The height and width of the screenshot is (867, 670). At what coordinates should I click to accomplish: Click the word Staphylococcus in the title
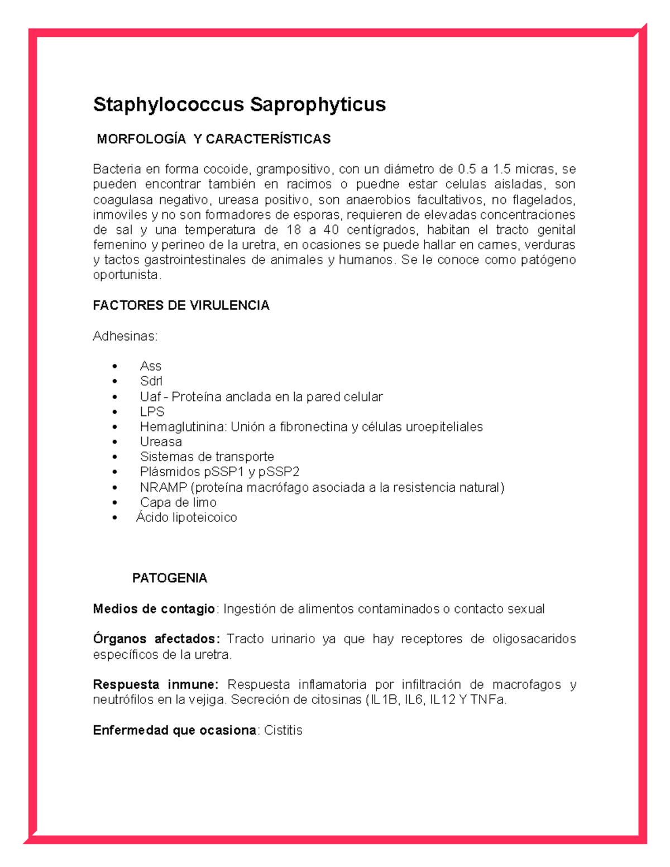click(x=169, y=104)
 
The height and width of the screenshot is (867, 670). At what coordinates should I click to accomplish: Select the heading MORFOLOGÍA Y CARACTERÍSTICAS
click(x=213, y=139)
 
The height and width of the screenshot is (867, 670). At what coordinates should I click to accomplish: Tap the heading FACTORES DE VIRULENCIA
click(x=181, y=305)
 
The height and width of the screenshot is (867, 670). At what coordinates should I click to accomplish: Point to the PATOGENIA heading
click(x=170, y=578)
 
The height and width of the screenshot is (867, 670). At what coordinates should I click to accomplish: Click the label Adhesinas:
click(x=125, y=336)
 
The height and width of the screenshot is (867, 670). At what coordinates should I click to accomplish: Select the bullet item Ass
click(x=150, y=366)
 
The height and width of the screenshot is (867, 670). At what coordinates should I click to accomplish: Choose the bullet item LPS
click(x=152, y=412)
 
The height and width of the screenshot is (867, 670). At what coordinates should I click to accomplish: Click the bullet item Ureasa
click(x=161, y=442)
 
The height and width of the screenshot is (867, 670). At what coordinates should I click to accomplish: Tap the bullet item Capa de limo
click(x=178, y=502)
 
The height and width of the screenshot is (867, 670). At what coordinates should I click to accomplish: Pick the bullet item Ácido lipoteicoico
click(x=186, y=518)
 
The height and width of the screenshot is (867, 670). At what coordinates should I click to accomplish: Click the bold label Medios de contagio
click(x=154, y=609)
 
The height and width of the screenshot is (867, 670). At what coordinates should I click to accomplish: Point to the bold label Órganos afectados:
click(x=156, y=639)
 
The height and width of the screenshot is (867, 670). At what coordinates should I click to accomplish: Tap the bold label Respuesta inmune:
click(x=155, y=684)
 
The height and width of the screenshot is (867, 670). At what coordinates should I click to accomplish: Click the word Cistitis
click(x=283, y=730)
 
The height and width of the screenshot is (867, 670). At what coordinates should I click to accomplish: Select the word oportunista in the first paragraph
click(x=126, y=275)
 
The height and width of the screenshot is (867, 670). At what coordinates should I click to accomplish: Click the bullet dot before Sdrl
click(x=115, y=381)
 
